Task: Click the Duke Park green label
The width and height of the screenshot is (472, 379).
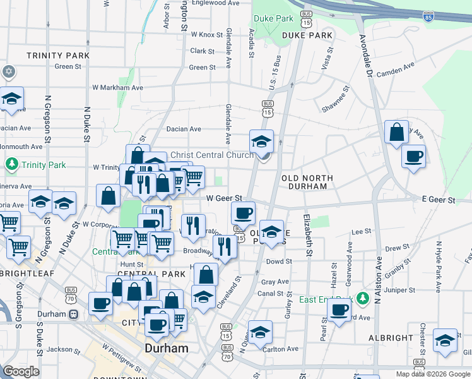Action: click(273, 18)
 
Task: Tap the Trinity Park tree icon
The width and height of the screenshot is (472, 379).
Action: click(11, 165)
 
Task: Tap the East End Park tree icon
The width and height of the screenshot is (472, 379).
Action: click(362, 297)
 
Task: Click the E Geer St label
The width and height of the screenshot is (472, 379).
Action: click(439, 200)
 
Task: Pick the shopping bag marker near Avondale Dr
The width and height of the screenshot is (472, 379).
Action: click(397, 133)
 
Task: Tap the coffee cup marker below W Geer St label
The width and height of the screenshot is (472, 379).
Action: click(243, 213)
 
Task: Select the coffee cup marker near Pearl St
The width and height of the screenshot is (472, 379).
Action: click(339, 310)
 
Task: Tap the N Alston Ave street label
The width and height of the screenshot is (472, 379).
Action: click(378, 278)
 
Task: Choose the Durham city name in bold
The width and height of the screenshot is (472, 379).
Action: click(167, 348)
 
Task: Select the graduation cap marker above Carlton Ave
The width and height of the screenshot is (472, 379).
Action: click(260, 331)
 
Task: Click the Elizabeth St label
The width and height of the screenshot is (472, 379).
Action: click(308, 235)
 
